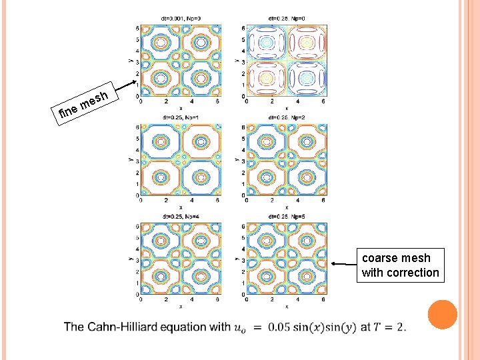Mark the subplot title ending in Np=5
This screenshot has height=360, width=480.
[x=287, y=216]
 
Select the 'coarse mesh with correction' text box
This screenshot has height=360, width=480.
[x=401, y=265]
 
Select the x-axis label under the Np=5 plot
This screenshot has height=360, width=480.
[x=287, y=307]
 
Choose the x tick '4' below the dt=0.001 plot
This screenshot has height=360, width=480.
[x=192, y=101]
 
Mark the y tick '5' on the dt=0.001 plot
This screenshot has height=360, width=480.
[x=136, y=39]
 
